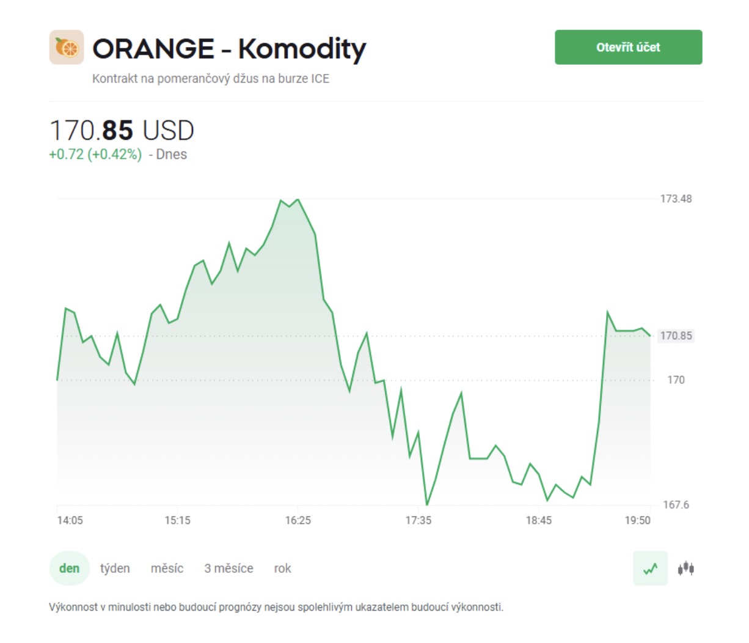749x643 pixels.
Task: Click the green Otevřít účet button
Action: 628,47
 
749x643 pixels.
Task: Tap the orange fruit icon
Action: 67,47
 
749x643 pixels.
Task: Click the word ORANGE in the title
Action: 153,48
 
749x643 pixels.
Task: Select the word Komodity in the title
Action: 302,50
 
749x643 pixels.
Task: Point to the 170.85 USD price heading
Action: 122,130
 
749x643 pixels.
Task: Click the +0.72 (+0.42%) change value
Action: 96,155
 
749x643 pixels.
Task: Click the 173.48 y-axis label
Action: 676,199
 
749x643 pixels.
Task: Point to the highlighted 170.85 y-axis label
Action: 676,336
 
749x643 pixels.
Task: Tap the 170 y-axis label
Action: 676,380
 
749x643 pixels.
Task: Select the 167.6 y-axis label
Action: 676,504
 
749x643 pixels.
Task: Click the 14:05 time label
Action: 70,521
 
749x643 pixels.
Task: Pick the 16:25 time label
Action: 298,521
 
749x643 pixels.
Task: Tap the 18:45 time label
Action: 539,521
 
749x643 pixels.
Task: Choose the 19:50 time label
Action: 637,521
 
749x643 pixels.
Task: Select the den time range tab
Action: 69,568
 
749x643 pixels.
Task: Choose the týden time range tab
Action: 115,568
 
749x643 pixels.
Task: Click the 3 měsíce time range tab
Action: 228,568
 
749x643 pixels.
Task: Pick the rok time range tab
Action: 282,568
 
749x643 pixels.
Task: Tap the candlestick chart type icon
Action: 686,568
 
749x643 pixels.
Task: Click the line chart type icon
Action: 650,568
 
